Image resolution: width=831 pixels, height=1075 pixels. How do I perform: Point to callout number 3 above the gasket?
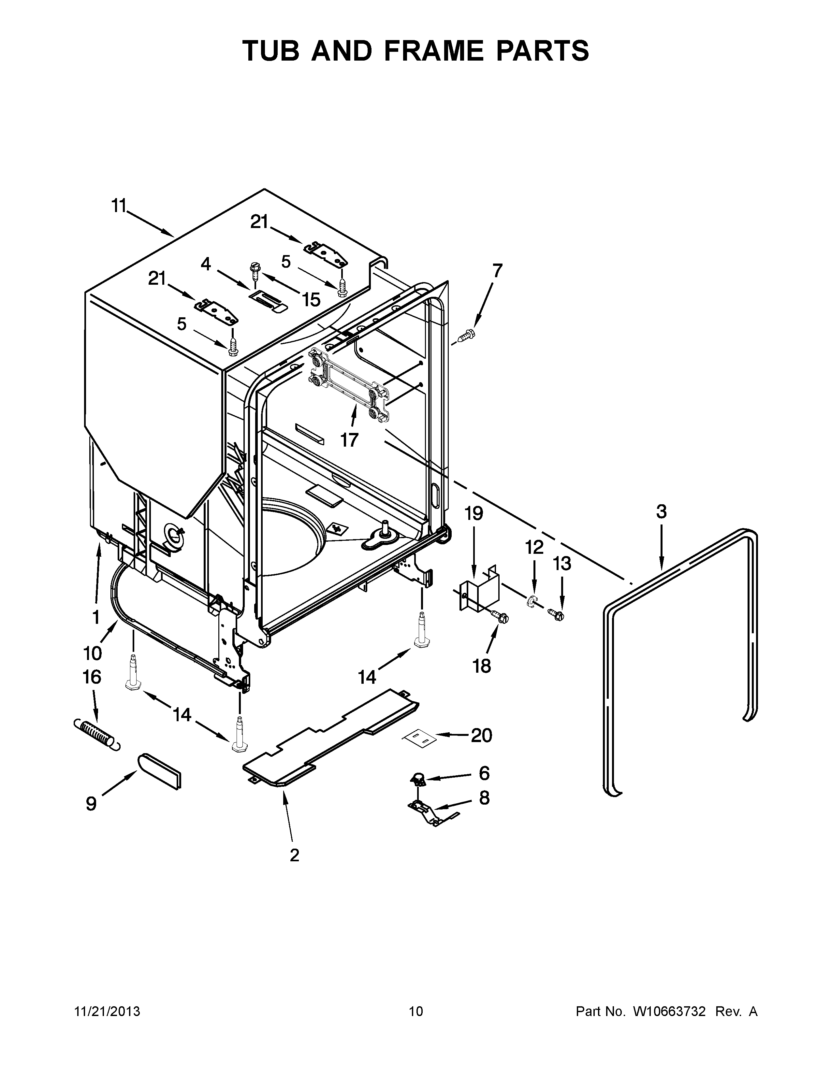[x=661, y=512]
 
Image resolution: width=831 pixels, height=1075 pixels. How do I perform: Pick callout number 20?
[x=481, y=735]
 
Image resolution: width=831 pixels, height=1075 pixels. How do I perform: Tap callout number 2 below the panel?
[x=294, y=855]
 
